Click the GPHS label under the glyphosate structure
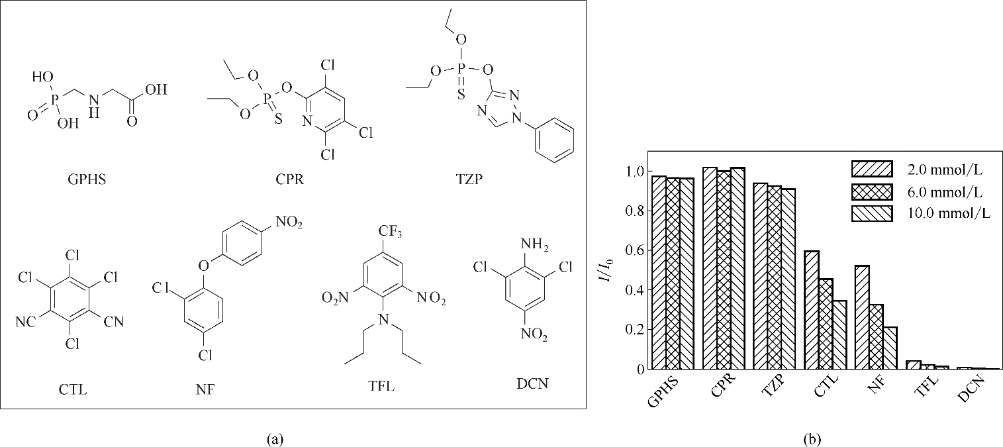coord(87,179)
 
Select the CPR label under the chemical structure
coord(290,179)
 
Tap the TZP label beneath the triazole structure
coord(469,179)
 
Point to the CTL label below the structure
coord(73,389)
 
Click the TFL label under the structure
coord(381,385)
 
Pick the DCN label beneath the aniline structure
coord(532,384)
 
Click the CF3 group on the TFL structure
coord(390,232)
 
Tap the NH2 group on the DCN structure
coord(535,246)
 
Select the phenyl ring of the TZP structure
coord(555,140)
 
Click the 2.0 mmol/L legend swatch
coord(872,169)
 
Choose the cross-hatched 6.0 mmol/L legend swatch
coord(872,191)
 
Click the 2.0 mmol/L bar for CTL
coord(812,310)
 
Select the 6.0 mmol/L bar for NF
coord(877,337)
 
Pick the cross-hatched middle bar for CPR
coord(724,270)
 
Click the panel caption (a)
coord(275,439)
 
